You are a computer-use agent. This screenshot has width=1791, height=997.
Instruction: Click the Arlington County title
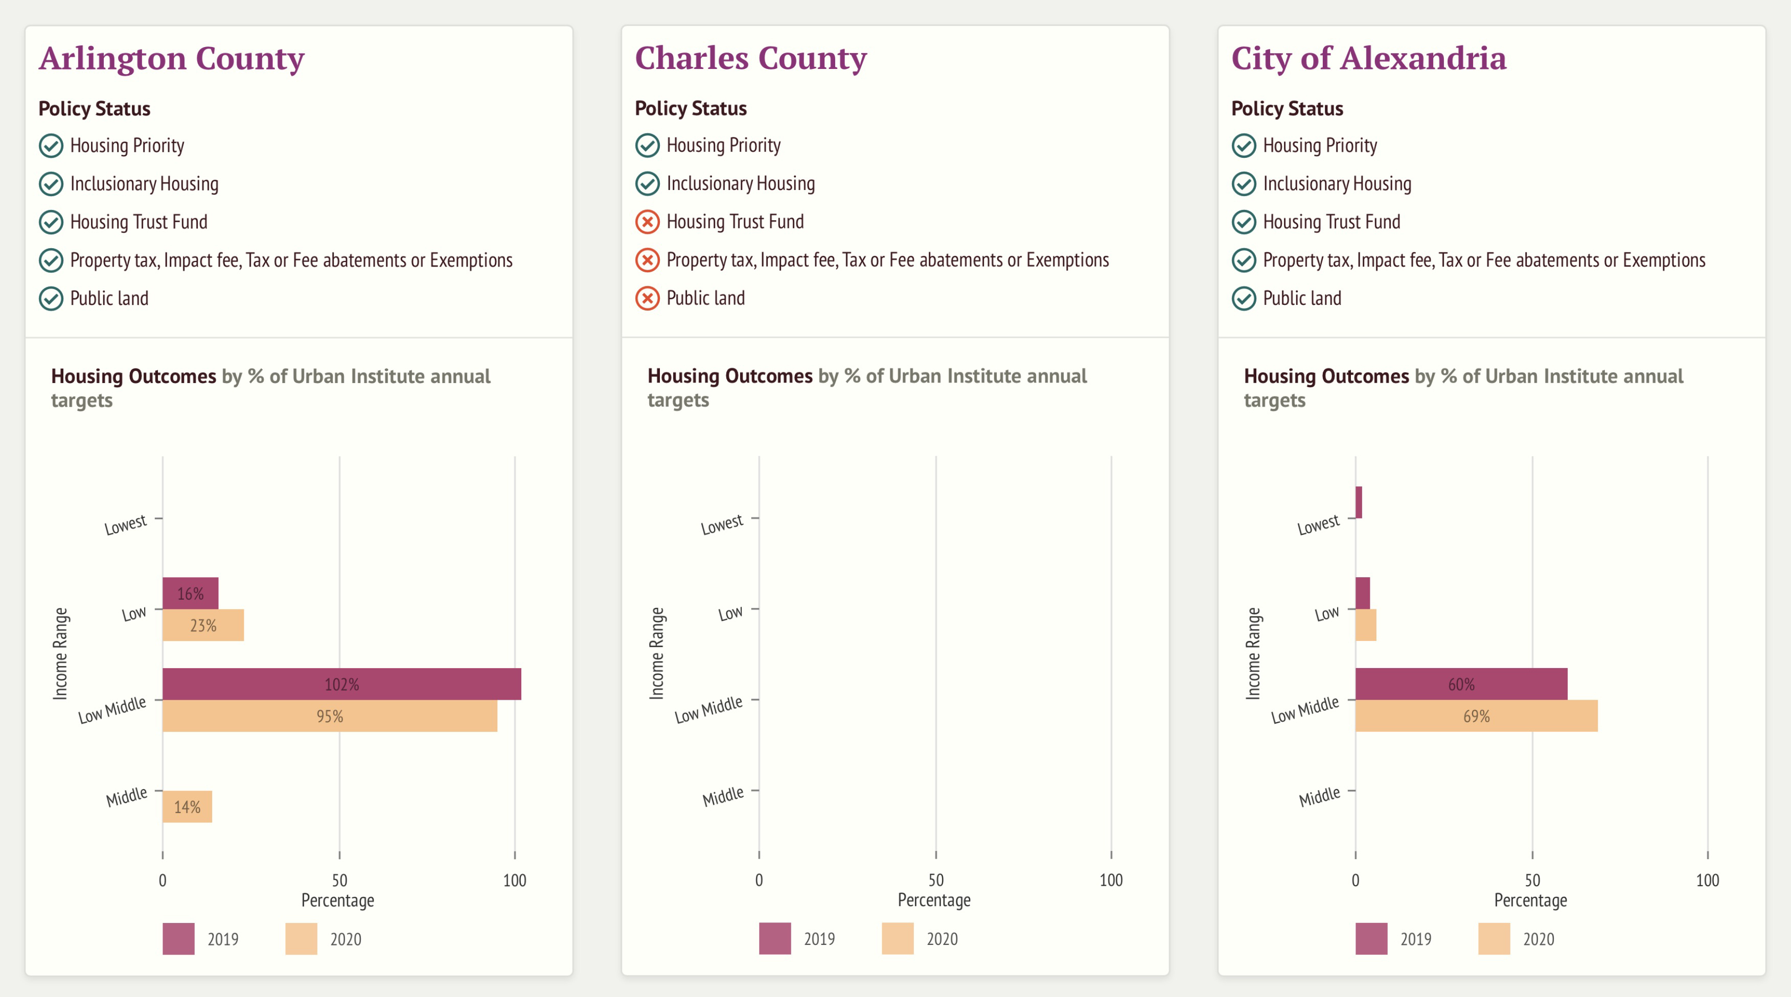[171, 58]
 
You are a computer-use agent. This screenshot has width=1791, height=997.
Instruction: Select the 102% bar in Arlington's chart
[341, 684]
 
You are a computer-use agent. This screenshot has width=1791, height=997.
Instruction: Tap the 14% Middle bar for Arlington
[187, 806]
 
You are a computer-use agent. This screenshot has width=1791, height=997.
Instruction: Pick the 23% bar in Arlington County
[203, 625]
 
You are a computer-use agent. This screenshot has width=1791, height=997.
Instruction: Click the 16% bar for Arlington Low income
[190, 594]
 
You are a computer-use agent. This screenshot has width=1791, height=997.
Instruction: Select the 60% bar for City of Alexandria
[1461, 684]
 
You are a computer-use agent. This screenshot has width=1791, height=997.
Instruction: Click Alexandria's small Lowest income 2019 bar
[1359, 502]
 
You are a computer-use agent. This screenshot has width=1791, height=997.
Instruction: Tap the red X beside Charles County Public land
[647, 298]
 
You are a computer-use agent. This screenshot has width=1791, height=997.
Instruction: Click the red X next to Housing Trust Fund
[647, 222]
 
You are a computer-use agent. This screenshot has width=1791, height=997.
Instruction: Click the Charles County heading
[750, 58]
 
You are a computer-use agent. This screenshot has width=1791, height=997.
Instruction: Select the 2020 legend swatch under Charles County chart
[897, 939]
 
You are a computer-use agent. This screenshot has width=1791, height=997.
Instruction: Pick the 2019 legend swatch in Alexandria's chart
[1371, 939]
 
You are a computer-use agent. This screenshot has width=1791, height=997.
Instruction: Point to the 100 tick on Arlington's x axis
[515, 880]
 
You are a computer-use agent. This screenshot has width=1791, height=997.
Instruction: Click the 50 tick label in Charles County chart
[936, 880]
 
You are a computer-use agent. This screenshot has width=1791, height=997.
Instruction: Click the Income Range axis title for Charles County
[656, 653]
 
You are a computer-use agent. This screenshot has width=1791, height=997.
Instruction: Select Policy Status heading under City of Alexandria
[1287, 108]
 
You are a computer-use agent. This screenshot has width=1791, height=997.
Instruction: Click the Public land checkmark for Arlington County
[51, 299]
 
